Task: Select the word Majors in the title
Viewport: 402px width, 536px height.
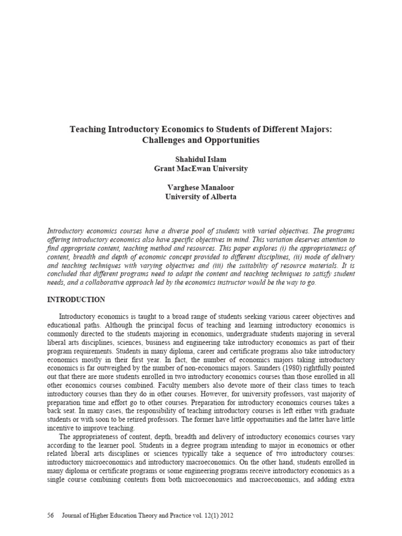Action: pyautogui.click(x=312, y=129)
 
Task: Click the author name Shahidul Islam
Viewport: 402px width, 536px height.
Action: pyautogui.click(x=200, y=159)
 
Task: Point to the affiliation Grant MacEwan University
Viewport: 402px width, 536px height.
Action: pyautogui.click(x=200, y=169)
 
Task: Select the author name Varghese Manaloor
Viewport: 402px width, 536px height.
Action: pyautogui.click(x=200, y=187)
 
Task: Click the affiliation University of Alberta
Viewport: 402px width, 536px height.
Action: pyautogui.click(x=200, y=197)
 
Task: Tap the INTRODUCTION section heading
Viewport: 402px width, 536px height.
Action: pyautogui.click(x=76, y=300)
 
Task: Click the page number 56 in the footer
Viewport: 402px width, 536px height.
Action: pyautogui.click(x=51, y=516)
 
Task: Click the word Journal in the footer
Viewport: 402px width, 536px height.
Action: pyautogui.click(x=73, y=516)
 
